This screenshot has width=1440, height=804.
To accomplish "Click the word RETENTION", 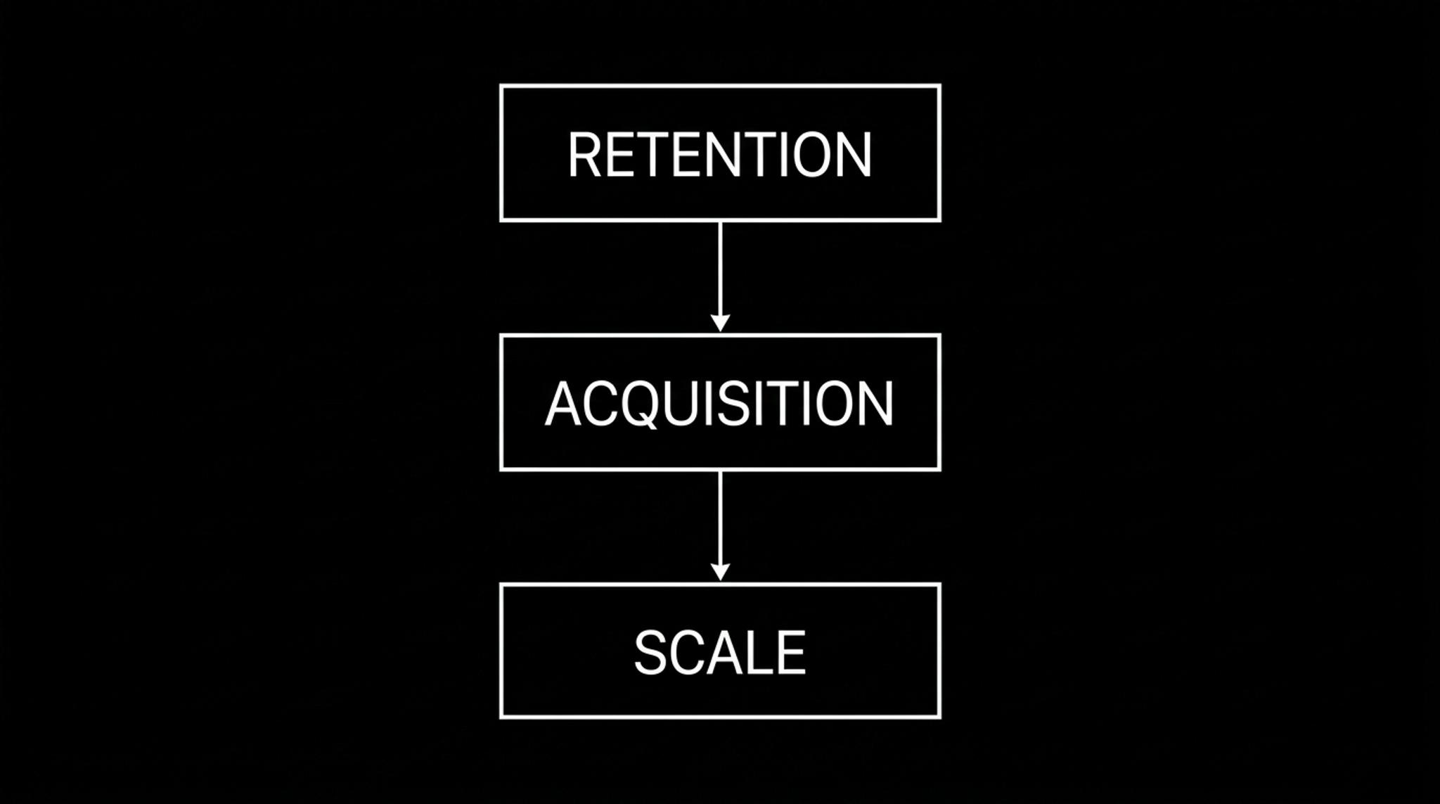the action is [720, 154].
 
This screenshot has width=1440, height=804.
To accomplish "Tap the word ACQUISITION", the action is [720, 404].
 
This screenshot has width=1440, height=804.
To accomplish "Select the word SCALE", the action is [720, 653].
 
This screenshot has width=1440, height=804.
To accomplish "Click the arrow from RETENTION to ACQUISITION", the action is [720, 276].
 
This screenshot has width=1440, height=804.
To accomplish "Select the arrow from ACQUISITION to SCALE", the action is [720, 526].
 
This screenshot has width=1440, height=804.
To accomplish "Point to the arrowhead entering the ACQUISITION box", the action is [720, 323].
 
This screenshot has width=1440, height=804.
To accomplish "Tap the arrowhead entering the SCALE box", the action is [720, 572].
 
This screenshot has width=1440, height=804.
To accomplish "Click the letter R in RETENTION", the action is [585, 155].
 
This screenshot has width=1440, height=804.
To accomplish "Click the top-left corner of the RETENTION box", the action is [501, 87].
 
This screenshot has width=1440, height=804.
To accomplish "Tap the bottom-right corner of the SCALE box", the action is [939, 717].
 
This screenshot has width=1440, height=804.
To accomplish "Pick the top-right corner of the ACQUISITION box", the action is [939, 336].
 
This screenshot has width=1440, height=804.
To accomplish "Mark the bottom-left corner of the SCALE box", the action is [501, 717].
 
